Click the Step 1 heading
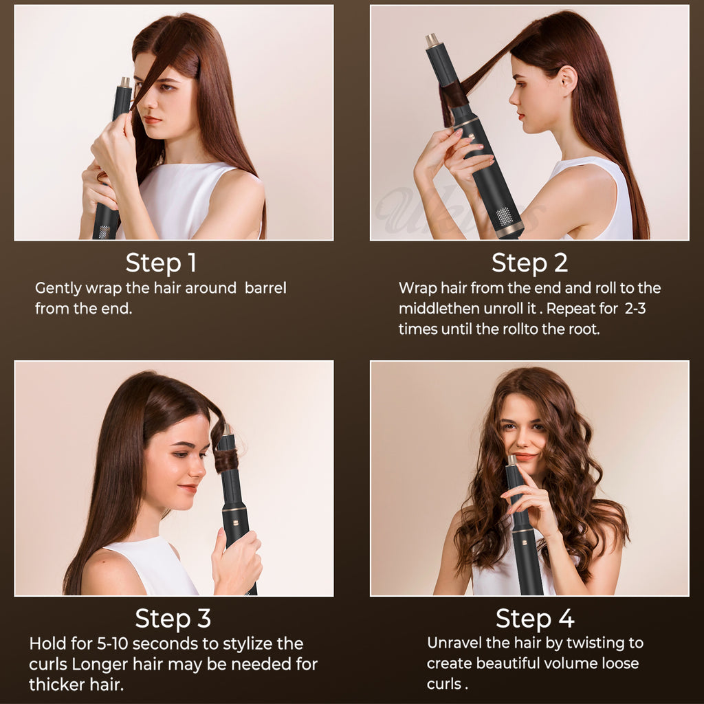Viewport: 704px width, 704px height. [x=161, y=263]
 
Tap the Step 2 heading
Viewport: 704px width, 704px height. [x=529, y=263]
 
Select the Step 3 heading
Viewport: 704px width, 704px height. [x=173, y=618]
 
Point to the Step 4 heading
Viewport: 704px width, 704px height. [x=535, y=618]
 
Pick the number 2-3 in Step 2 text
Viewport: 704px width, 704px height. [x=635, y=309]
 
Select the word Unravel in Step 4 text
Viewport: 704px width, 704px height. [x=455, y=643]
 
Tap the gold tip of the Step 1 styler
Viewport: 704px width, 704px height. [x=125, y=82]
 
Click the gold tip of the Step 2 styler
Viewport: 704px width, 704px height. [x=432, y=40]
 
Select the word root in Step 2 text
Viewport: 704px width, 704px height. [x=584, y=329]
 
